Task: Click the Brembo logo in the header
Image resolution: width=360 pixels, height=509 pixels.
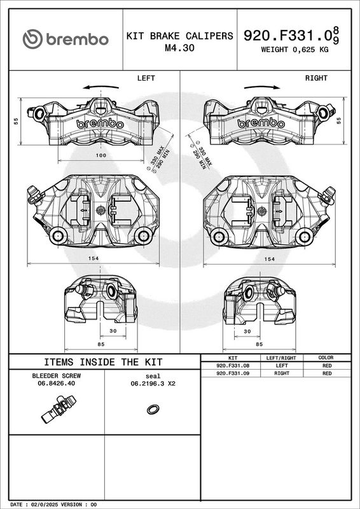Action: click(x=66, y=39)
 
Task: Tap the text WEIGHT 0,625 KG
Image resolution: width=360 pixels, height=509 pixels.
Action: click(x=294, y=50)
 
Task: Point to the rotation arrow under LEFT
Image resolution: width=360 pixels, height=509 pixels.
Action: click(x=100, y=87)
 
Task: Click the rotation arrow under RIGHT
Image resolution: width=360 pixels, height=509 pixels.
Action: click(x=262, y=87)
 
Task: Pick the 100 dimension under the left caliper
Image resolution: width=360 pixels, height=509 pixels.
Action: click(x=101, y=155)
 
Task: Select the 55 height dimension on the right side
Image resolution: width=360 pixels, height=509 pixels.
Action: click(x=340, y=121)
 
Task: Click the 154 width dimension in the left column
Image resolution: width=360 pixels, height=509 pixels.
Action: click(x=93, y=258)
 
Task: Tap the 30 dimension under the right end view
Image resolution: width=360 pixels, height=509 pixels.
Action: click(x=247, y=331)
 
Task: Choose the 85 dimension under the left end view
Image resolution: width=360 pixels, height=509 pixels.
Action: click(x=101, y=344)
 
